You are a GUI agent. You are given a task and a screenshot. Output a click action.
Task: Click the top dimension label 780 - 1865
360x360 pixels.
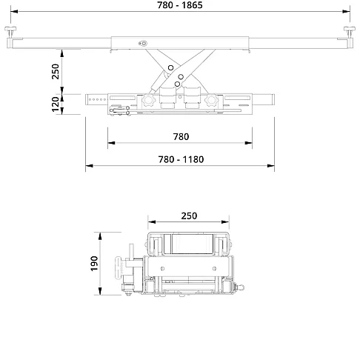pyautogui.click(x=181, y=4)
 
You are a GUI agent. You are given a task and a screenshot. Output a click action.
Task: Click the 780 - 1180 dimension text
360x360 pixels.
pyautogui.click(x=181, y=159)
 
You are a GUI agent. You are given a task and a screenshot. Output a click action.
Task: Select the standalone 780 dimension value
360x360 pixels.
pyautogui.click(x=181, y=136)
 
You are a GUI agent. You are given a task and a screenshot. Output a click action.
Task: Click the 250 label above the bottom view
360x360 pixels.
pyautogui.click(x=190, y=216)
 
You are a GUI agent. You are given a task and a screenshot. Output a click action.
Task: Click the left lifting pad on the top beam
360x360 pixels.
pyautogui.click(x=13, y=31)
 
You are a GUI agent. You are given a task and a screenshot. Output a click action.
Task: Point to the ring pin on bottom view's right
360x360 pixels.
pyautogui.click(x=239, y=287)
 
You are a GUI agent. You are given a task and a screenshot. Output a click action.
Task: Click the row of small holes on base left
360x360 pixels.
pyautogui.click(x=96, y=97)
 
